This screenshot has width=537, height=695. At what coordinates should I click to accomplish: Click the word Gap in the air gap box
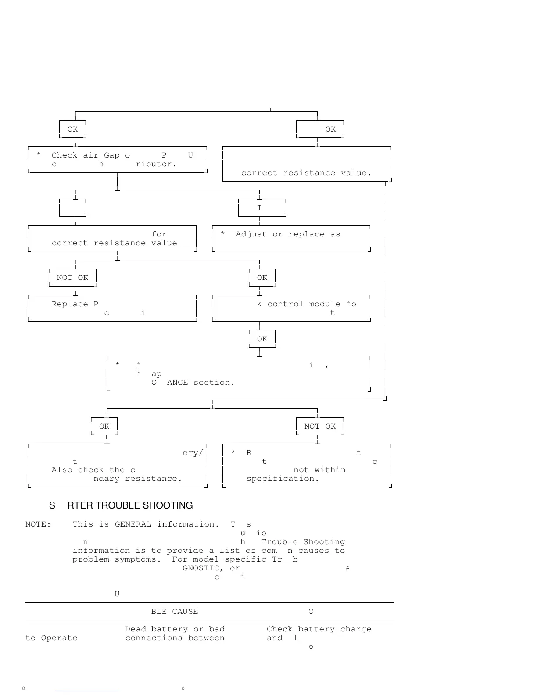(x=111, y=155)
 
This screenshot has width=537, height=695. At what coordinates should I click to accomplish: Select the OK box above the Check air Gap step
(x=72, y=129)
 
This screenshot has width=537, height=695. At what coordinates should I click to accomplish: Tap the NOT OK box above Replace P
(x=72, y=278)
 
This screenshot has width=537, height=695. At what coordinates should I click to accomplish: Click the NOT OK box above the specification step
(x=320, y=426)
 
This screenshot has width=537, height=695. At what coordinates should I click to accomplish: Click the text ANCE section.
(x=200, y=383)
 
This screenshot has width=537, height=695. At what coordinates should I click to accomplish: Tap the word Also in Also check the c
(x=62, y=470)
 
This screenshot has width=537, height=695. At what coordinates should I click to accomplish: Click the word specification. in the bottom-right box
(x=283, y=479)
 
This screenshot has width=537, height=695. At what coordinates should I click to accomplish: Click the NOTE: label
(x=38, y=524)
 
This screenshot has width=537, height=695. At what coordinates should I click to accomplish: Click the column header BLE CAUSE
(x=174, y=612)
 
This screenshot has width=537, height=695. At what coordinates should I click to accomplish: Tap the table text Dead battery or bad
(x=175, y=629)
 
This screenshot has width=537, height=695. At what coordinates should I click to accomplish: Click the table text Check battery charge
(x=319, y=629)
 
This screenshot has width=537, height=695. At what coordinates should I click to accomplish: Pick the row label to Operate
(x=51, y=638)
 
